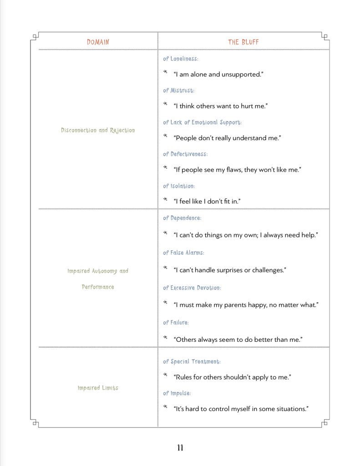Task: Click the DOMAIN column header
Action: coord(98,42)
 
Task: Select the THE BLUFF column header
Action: coord(243,42)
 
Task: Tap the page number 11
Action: coord(180,448)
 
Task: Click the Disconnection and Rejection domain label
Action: coord(98,131)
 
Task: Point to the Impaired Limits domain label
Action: coord(98,388)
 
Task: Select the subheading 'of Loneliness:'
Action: coord(181,59)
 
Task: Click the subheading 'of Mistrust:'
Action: coord(178,91)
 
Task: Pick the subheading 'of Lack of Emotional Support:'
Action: coord(202,122)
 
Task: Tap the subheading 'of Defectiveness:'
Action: coord(185,154)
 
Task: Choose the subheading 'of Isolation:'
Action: coord(179,186)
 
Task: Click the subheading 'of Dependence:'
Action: coord(182,218)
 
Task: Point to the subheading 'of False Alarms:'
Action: coord(183,253)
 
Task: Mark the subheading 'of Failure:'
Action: coord(176,323)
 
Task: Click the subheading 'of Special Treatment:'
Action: coord(192,362)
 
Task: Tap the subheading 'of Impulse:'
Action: coord(177,393)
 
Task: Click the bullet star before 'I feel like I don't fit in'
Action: coord(166,199)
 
